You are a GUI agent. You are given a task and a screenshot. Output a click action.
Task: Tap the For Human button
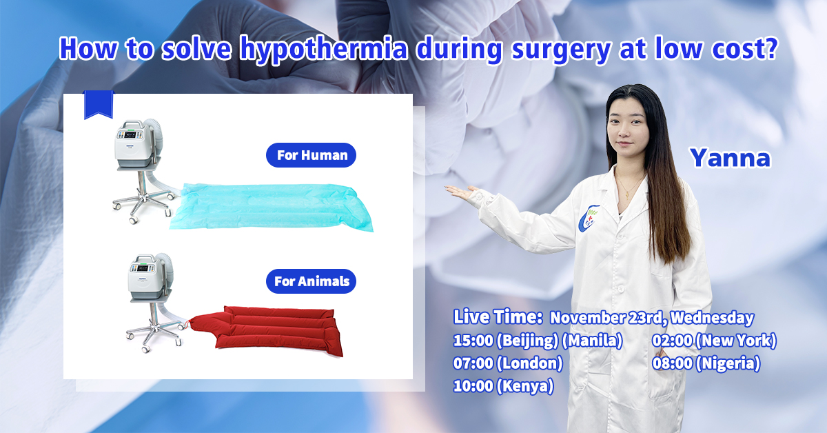[311, 155]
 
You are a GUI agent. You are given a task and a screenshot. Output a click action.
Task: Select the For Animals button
[311, 281]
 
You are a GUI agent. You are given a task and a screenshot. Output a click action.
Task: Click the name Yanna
[731, 158]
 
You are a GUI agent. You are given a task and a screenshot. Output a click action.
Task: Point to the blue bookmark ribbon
[98, 104]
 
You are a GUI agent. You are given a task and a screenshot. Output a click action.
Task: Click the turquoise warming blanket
[272, 207]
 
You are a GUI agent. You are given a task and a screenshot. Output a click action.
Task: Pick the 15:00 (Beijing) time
[505, 341]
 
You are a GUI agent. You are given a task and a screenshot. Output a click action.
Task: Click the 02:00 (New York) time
[714, 341]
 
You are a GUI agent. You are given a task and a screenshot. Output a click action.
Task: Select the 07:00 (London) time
[508, 363]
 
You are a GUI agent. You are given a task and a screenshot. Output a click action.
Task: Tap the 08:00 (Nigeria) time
[706, 363]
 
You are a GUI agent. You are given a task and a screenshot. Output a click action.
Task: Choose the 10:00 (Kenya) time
[503, 386]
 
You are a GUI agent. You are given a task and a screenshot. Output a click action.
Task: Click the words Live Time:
[498, 317]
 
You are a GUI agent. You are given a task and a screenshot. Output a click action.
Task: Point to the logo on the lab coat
[589, 219]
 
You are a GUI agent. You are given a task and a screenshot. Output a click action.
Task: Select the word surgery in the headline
[560, 50]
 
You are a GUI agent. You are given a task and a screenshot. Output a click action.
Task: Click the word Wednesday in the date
[712, 318]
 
